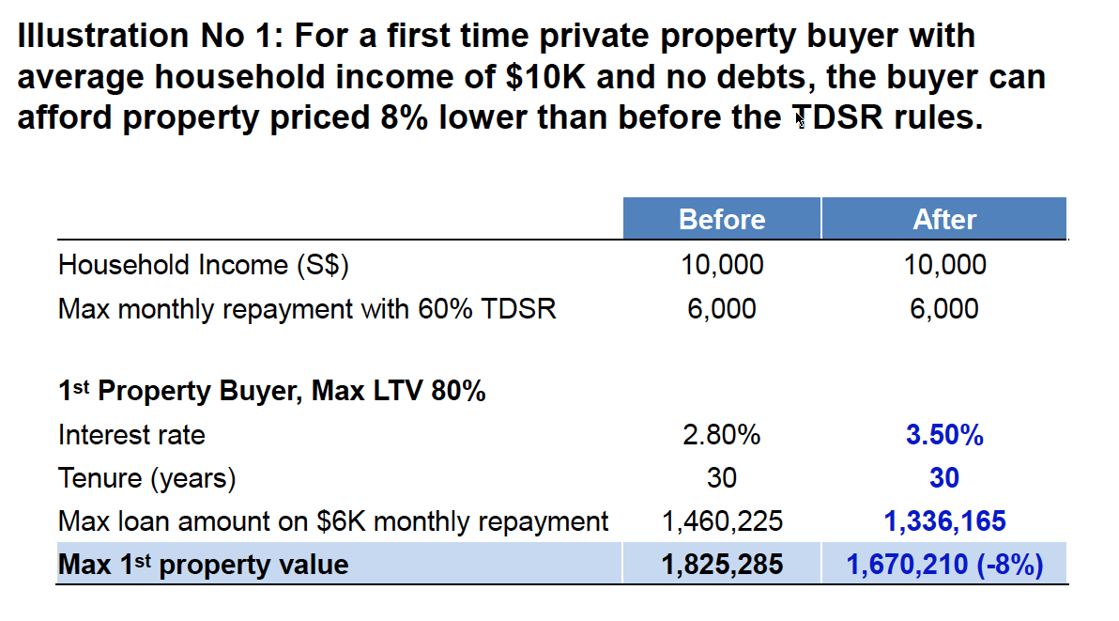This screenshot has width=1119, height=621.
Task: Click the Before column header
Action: point(721,219)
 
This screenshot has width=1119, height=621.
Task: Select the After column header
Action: point(944,219)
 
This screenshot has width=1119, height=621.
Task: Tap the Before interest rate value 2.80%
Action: point(721,435)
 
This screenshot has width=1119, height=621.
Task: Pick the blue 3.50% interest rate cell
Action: point(944,435)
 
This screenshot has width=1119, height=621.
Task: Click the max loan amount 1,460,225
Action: point(722,520)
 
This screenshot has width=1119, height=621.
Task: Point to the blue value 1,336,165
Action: point(944,520)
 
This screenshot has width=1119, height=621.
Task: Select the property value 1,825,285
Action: point(722,564)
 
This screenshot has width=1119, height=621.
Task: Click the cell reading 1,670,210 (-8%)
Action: point(944,564)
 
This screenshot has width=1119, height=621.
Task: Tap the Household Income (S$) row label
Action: point(203,265)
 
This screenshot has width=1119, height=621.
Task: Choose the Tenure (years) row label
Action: point(146,478)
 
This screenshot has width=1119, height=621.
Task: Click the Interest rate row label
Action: point(131,435)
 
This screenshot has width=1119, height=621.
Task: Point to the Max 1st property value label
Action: point(203,564)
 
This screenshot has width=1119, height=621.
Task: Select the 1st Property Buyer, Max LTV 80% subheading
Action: point(271,391)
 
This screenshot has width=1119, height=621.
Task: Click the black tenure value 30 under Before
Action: point(721,478)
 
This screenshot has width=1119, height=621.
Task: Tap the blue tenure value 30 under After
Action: point(944,478)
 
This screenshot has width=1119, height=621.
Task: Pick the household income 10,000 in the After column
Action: point(944,265)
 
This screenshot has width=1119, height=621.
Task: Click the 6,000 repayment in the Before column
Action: point(721,308)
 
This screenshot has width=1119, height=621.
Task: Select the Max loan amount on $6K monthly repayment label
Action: point(333,520)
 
